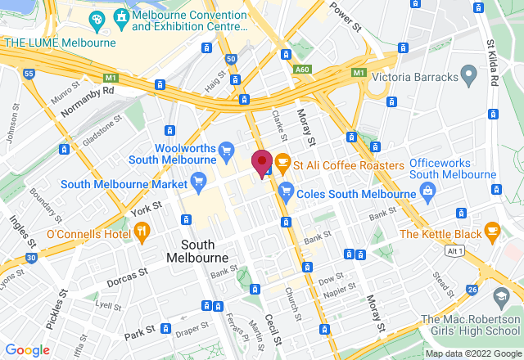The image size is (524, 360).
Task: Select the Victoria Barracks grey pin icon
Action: [x=469, y=79]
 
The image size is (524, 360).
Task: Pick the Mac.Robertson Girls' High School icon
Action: [x=500, y=295]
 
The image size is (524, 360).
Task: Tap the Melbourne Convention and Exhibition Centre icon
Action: [x=121, y=16]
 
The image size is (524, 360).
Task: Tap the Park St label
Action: [x=140, y=333]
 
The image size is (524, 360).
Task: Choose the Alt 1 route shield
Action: [x=455, y=252]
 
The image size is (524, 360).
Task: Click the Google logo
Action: [x=26, y=350]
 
